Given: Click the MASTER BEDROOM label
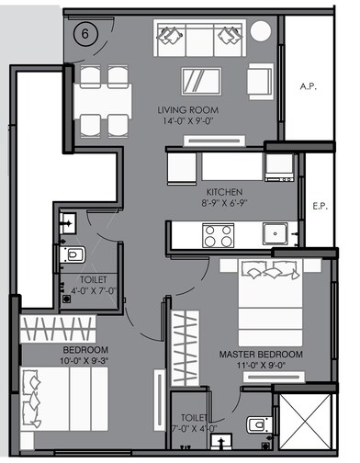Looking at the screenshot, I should click(261, 354).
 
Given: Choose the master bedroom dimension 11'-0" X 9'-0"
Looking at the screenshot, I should click(261, 366).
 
